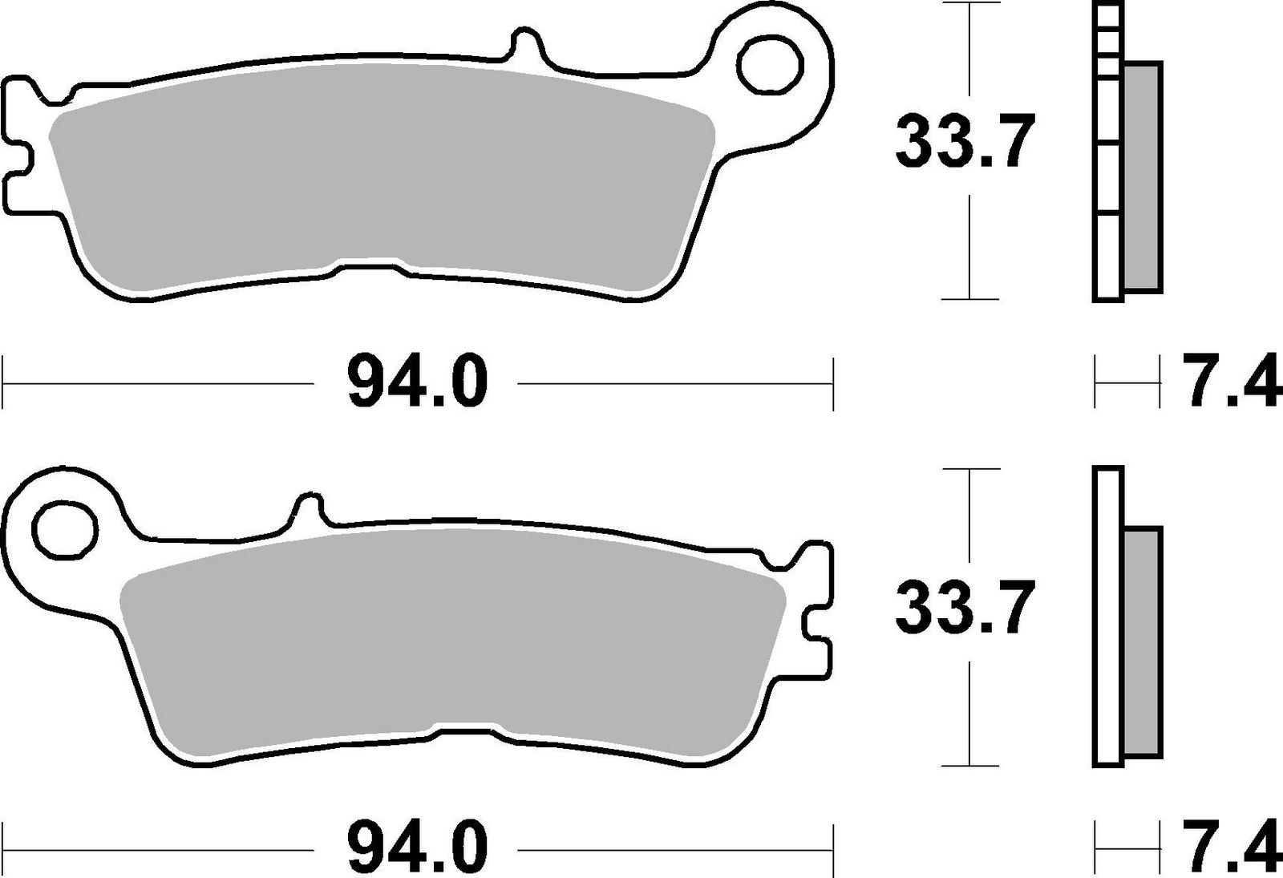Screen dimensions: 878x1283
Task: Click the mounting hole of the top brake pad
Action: click(771, 65)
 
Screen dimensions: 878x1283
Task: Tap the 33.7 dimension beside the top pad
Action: click(961, 142)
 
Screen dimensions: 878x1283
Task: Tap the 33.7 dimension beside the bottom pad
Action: click(961, 607)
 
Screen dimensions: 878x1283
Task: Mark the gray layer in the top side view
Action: click(1142, 176)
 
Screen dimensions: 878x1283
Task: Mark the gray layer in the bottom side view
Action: click(1142, 641)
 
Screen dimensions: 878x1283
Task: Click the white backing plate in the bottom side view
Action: click(1108, 617)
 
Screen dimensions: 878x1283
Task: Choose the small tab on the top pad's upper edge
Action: click(522, 44)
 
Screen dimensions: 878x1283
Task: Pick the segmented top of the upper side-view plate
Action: click(1107, 40)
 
